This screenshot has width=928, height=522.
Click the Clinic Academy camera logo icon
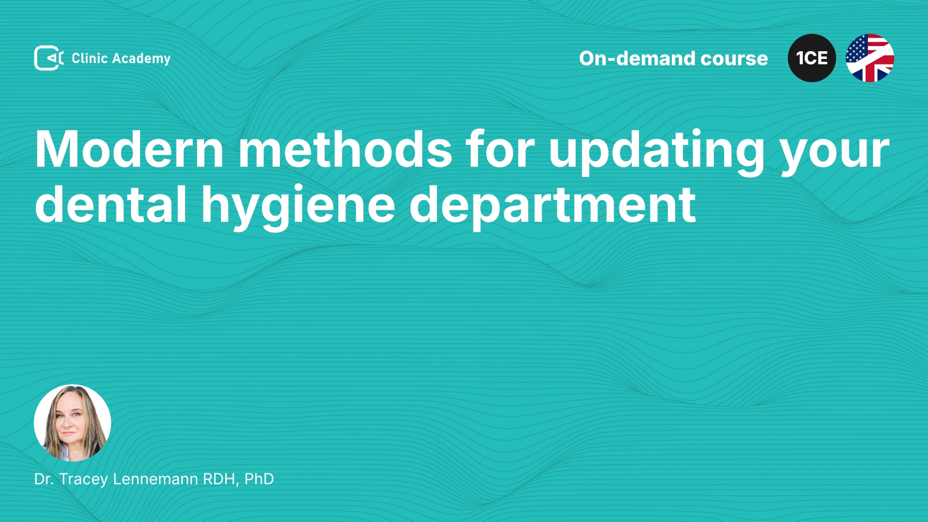pos(49,58)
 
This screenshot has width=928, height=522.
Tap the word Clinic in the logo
pos(89,58)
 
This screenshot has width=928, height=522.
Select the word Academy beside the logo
pos(141,59)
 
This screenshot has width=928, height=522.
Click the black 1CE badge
pos(812,58)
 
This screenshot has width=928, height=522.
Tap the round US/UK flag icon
pos(870,58)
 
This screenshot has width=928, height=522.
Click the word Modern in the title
pos(130,149)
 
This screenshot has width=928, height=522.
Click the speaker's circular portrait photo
pos(72,423)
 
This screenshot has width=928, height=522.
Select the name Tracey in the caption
pos(84,479)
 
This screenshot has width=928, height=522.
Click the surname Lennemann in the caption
pos(156,479)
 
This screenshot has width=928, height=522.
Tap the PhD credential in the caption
pos(259,479)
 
